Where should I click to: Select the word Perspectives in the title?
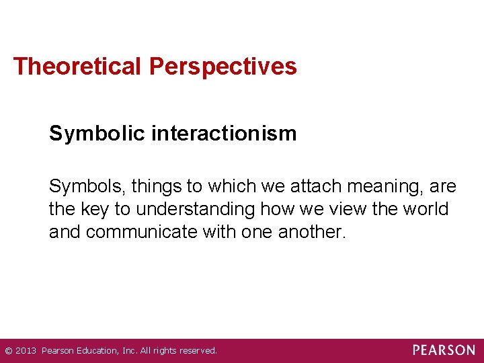pos(223,67)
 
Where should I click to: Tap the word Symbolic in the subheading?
pos(97,133)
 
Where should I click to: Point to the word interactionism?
pos(224,133)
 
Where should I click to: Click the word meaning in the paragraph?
pos(379,187)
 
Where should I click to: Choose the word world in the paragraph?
pos(425,209)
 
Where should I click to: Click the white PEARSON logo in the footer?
pos(443,350)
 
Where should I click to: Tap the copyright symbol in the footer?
pos(8,351)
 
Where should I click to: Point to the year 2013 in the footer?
pos(26,351)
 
